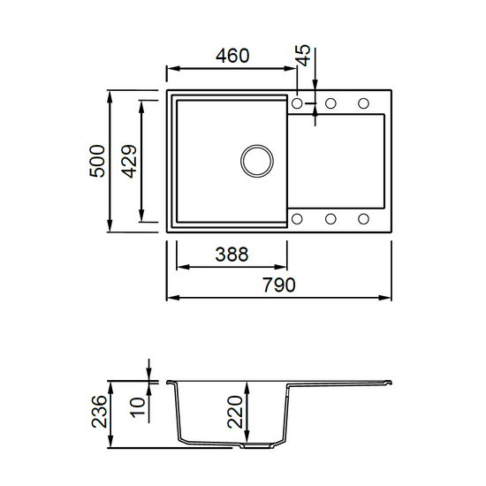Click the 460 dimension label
point(232,56)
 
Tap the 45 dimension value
point(303,56)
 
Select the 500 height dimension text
point(97,161)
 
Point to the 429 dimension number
point(129,161)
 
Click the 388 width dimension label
point(232,254)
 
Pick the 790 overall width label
point(279,285)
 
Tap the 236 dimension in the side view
point(99,411)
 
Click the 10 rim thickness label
point(138,407)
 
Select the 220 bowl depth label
point(235,412)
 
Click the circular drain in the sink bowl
point(256,161)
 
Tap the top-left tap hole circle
point(297,103)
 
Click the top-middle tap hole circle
point(330,103)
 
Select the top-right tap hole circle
point(363,103)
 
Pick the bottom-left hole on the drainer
point(297,219)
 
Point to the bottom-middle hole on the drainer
point(330,219)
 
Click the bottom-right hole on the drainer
point(363,219)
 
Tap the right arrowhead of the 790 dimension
point(385,298)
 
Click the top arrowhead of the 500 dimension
point(110,96)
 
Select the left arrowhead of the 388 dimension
point(183,267)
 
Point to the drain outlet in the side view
point(257,446)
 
